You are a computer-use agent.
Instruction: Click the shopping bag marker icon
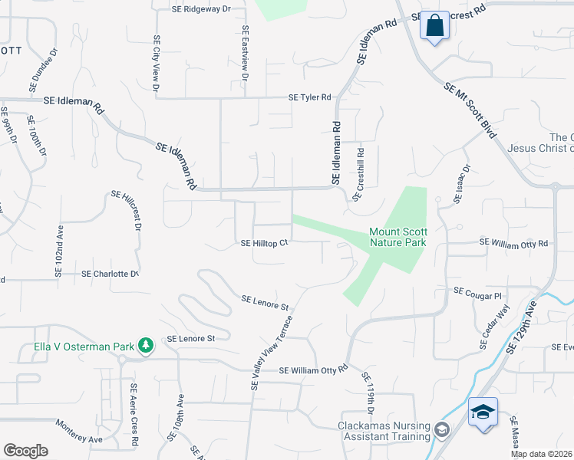pyautogui.click(x=434, y=25)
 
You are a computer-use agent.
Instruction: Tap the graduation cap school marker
pyautogui.click(x=483, y=412)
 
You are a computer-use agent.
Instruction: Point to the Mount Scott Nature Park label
pyautogui.click(x=398, y=236)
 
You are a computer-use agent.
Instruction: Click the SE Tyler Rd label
pyautogui.click(x=309, y=97)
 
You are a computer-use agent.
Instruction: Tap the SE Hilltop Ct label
pyautogui.click(x=264, y=243)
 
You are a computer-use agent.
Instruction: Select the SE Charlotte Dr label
pyautogui.click(x=111, y=274)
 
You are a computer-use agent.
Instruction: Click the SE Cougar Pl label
pyautogui.click(x=477, y=292)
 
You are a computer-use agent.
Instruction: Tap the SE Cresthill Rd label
pyautogui.click(x=358, y=175)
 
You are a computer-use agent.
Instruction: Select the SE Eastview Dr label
pyautogui.click(x=245, y=54)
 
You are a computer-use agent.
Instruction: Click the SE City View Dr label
pyautogui.click(x=156, y=64)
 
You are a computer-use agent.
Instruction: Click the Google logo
pyautogui.click(x=25, y=451)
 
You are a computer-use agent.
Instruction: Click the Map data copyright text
pyautogui.click(x=542, y=454)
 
